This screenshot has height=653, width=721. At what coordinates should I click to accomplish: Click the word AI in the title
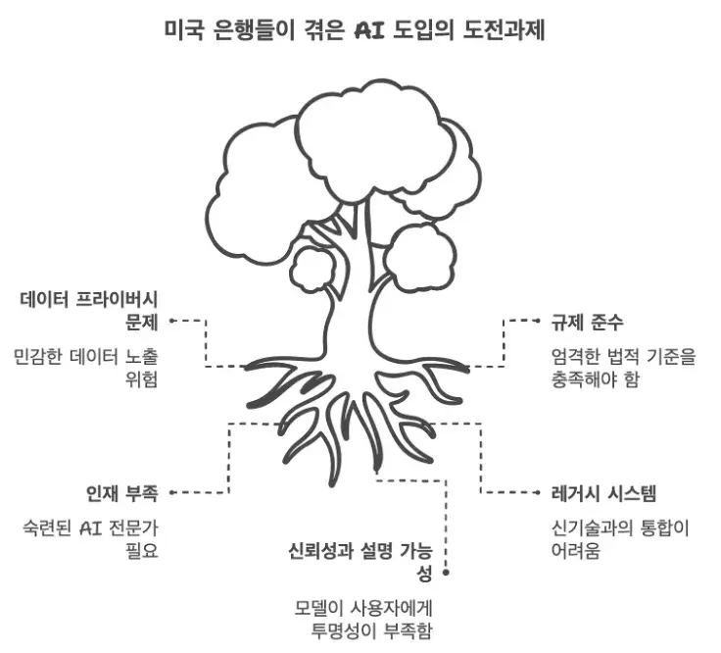(372, 28)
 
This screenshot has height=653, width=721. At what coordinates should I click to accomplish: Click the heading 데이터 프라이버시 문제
(90, 310)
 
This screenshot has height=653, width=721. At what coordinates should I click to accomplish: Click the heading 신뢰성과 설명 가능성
(367, 560)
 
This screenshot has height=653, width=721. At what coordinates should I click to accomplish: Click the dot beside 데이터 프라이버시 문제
(171, 320)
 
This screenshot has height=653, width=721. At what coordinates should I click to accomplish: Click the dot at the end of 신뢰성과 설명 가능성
(447, 571)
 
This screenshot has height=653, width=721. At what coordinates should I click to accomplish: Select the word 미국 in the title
(185, 28)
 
